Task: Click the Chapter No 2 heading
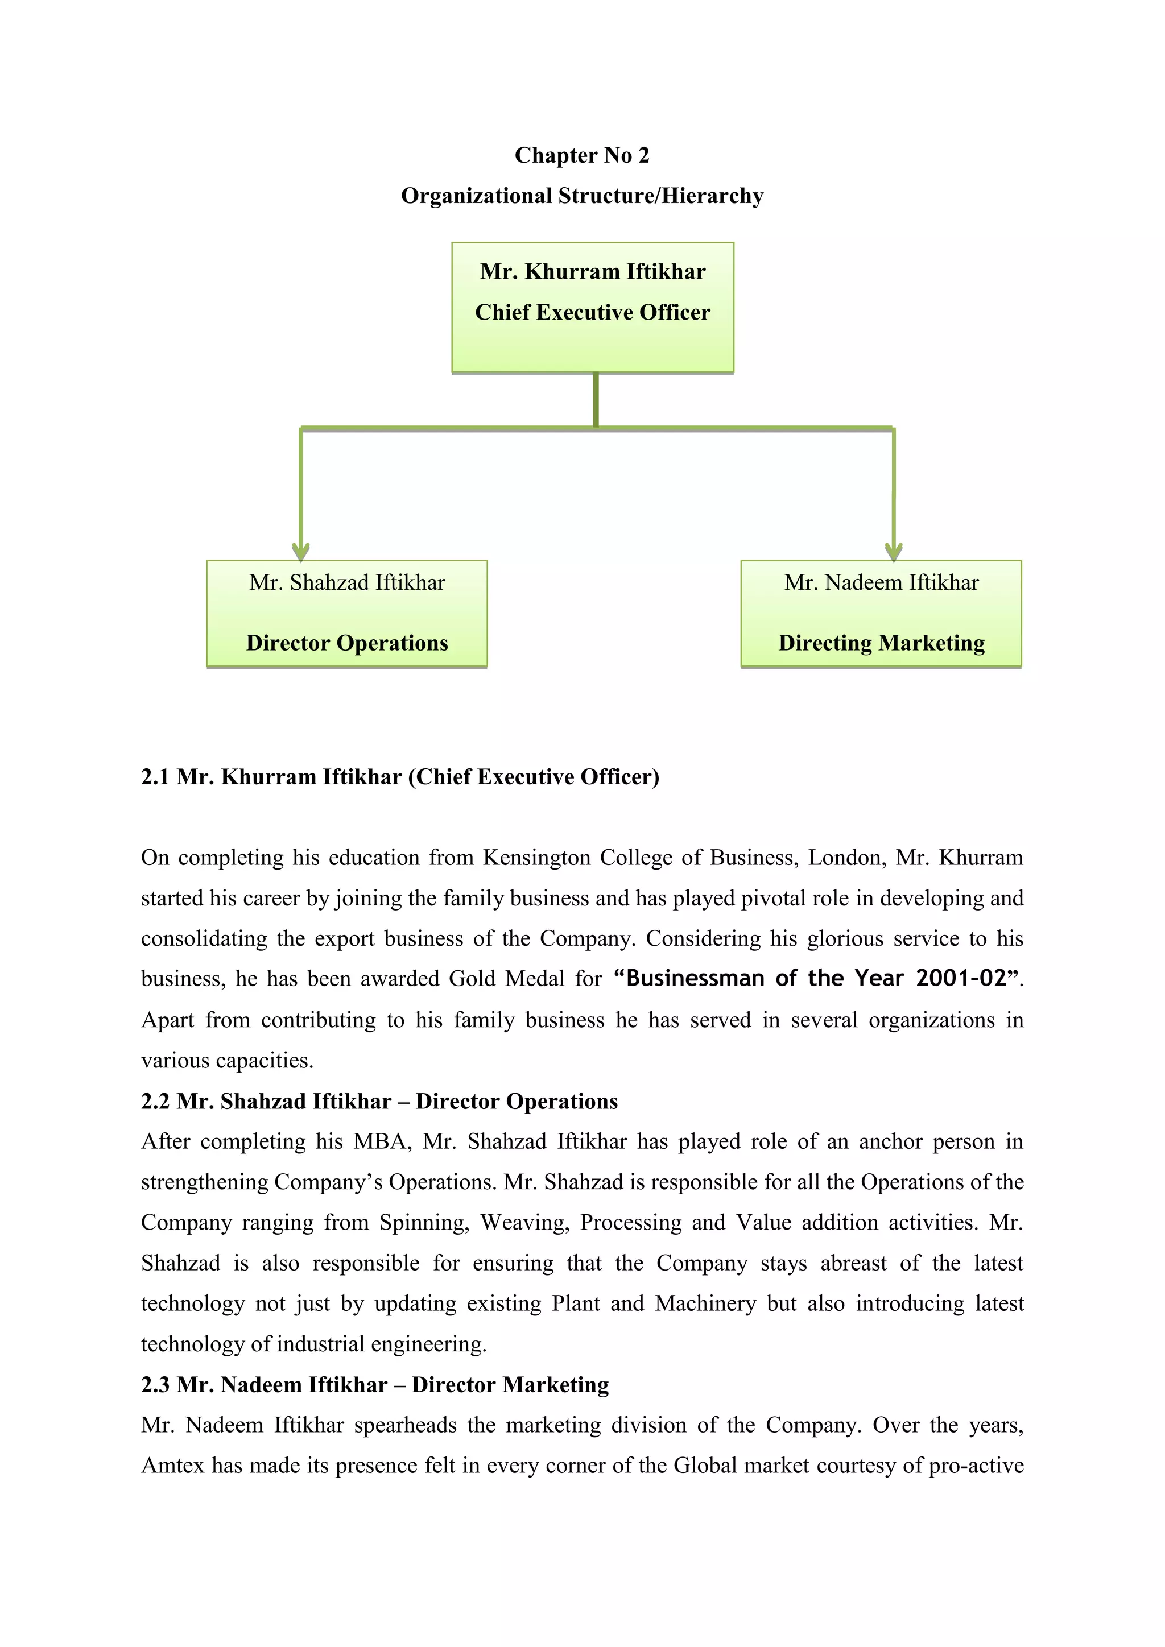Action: click(582, 155)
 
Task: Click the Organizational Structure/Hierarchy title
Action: click(582, 196)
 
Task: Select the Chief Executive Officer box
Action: click(593, 307)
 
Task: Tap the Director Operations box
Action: click(346, 614)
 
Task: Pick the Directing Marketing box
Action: click(881, 614)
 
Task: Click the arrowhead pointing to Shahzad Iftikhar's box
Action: click(300, 551)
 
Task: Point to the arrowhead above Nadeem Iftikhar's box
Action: click(893, 551)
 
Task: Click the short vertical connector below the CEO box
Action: click(596, 400)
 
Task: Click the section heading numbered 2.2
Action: click(379, 1101)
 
